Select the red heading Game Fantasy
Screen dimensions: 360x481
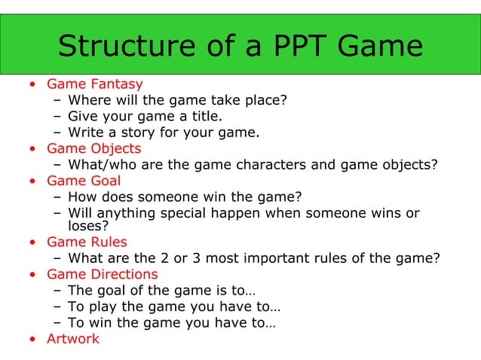tap(94, 84)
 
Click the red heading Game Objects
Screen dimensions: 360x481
tap(93, 148)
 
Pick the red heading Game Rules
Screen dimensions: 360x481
tap(87, 243)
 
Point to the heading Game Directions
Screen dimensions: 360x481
tap(102, 274)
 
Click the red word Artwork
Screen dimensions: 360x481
tap(72, 339)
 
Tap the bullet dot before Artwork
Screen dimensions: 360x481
tap(32, 340)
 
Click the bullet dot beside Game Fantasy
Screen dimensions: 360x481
tap(32, 84)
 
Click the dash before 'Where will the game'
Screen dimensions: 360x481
tap(57, 100)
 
